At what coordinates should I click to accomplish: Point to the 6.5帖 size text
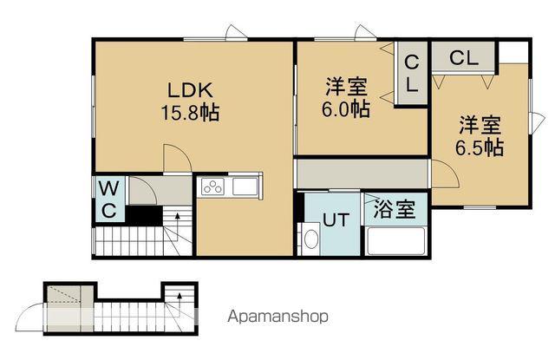[480, 147]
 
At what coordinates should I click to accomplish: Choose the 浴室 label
[395, 209]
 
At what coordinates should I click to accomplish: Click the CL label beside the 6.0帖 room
[412, 74]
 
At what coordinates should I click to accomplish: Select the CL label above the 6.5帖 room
[463, 58]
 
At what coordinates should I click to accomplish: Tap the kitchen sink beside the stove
[245, 186]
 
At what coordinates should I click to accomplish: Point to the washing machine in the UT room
[311, 239]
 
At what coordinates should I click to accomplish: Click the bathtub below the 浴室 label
[395, 239]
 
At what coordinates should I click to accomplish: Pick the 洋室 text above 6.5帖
[480, 124]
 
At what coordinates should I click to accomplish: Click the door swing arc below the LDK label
[176, 159]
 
